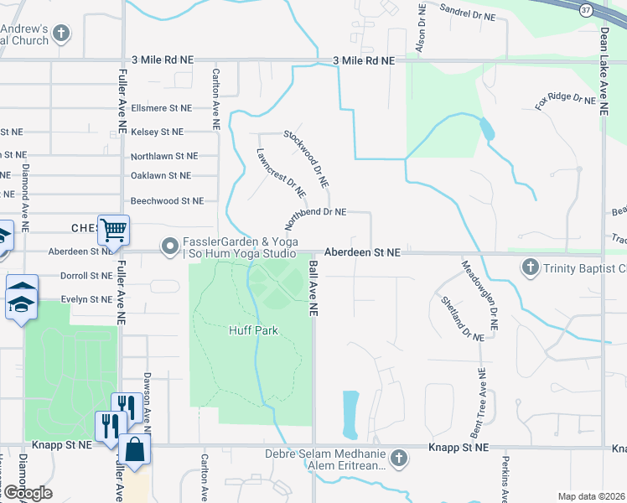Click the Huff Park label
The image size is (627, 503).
253,330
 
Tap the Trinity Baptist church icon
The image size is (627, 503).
529,268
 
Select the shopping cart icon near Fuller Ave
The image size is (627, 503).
113,229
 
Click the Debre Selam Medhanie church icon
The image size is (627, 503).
398,458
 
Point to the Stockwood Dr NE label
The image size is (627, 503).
306,158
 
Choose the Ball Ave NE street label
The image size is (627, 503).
313,288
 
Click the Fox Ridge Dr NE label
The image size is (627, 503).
565,101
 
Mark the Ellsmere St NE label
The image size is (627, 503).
162,108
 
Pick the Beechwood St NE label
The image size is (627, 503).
167,200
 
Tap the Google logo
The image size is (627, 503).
28,493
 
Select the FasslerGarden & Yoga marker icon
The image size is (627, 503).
171,246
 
